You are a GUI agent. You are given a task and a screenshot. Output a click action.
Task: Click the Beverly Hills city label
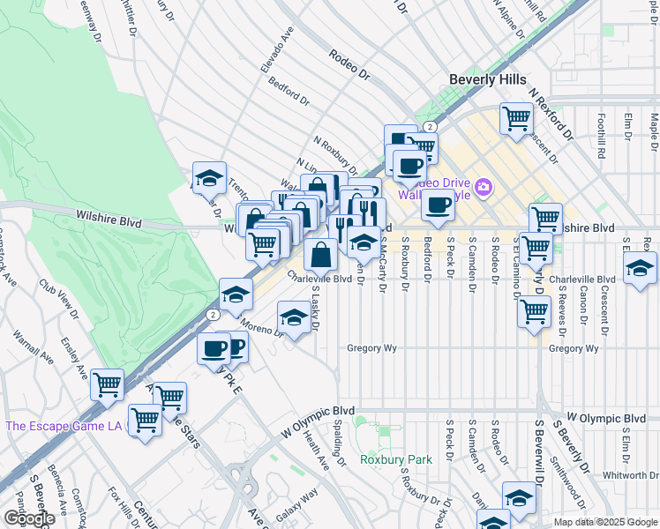pos(488,79)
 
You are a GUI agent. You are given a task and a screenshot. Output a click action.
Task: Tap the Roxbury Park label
pos(396,459)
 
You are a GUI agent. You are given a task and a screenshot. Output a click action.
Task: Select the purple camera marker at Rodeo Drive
pos(483,187)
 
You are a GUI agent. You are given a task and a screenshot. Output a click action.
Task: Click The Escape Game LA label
pos(65,426)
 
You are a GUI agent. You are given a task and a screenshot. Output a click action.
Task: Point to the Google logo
pos(29,518)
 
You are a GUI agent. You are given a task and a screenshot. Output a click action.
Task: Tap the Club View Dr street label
pos(57,300)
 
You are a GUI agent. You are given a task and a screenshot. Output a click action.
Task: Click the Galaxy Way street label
pos(297,498)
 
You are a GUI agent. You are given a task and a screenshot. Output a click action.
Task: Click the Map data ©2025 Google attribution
pos(604,522)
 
